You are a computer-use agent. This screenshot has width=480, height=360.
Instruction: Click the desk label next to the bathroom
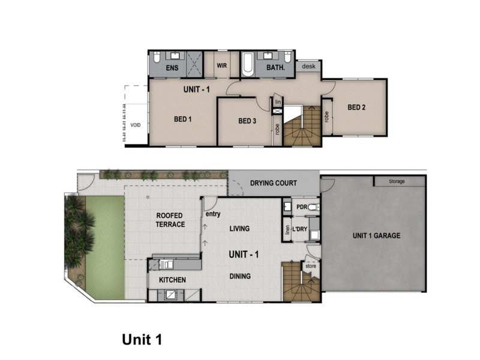309,67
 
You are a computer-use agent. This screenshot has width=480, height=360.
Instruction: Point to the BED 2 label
356,107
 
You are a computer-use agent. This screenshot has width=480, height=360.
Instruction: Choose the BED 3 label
247,121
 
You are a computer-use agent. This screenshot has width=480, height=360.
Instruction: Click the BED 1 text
182,119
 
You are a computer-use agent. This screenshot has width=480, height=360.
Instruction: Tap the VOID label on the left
136,125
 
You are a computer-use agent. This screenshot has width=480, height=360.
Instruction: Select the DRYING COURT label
273,183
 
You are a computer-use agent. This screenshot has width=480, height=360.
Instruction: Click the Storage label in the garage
397,181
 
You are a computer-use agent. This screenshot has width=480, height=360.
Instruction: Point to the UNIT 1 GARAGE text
376,236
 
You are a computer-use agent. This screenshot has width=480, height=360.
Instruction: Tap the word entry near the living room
212,214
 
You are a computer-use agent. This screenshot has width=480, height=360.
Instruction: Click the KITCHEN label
172,280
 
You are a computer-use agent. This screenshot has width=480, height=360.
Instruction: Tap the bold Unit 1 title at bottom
142,340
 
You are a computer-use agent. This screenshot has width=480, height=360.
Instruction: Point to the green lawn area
105,246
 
